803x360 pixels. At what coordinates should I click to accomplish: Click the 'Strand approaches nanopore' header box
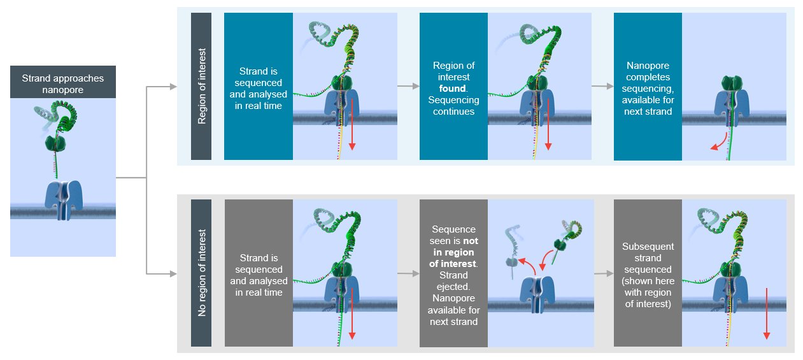63,82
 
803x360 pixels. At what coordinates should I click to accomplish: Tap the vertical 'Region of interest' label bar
201,86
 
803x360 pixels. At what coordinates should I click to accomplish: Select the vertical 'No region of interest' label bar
201,273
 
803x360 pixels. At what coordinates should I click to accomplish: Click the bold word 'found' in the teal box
452,88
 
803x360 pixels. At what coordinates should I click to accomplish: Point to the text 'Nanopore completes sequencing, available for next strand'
648,88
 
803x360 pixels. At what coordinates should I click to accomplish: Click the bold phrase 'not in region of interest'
453,252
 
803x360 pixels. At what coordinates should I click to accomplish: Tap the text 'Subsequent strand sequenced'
648,258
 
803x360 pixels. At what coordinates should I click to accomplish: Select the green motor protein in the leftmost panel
55,143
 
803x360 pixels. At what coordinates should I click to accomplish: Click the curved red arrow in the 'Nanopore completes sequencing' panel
721,143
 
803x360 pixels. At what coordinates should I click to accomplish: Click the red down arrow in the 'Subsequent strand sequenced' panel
767,313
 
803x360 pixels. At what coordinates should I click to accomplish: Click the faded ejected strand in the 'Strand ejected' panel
512,251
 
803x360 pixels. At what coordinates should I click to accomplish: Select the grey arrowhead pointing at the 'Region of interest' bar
173,87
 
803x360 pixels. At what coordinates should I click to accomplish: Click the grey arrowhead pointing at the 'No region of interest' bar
173,274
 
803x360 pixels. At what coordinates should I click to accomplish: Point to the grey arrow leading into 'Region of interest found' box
408,86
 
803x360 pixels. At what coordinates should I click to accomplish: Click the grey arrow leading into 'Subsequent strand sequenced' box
604,273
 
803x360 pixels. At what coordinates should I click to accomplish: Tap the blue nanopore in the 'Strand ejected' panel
537,294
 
